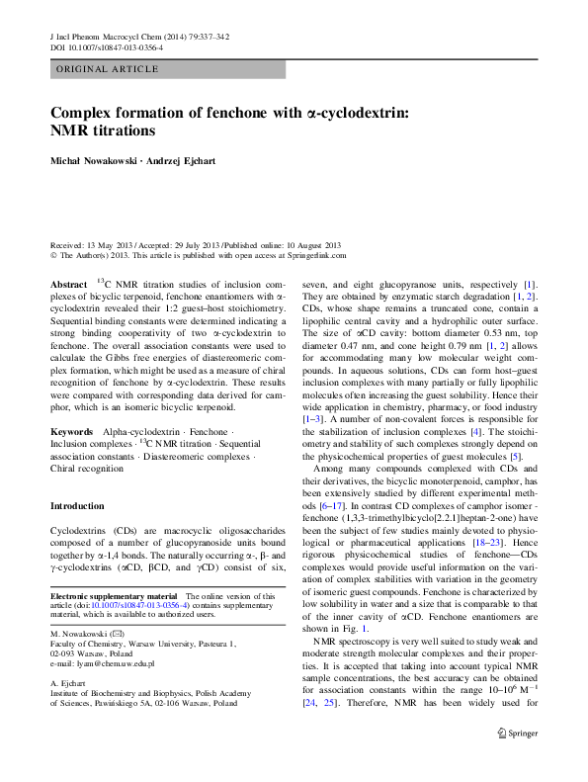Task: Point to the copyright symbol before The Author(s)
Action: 53,254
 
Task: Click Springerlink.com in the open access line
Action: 310,254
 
